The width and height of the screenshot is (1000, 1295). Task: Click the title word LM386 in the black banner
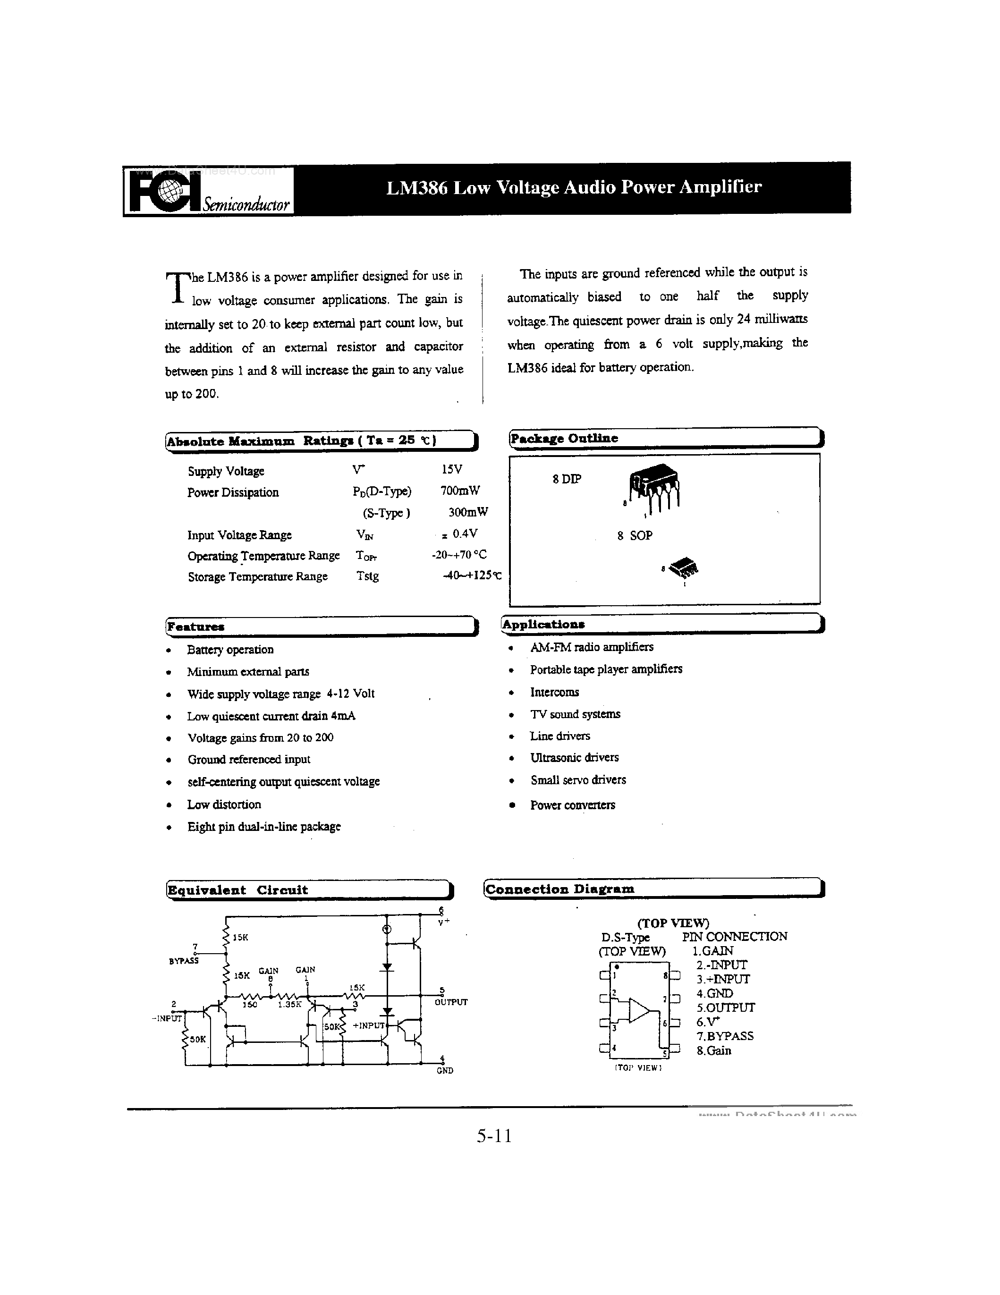click(x=415, y=187)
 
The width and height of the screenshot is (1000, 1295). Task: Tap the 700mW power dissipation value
click(x=460, y=491)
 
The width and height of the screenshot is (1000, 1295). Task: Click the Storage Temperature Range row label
click(x=257, y=576)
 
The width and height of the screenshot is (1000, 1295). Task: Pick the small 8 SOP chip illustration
click(x=684, y=568)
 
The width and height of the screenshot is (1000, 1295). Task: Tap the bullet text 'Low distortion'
click(x=224, y=804)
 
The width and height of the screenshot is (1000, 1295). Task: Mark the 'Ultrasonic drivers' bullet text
click(x=574, y=757)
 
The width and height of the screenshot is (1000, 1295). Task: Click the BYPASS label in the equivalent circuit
click(x=184, y=961)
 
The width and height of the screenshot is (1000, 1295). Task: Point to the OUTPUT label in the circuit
click(x=451, y=1002)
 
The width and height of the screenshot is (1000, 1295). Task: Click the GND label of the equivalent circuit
click(x=445, y=1070)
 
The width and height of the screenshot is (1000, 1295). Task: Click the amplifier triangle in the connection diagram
click(x=639, y=1010)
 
